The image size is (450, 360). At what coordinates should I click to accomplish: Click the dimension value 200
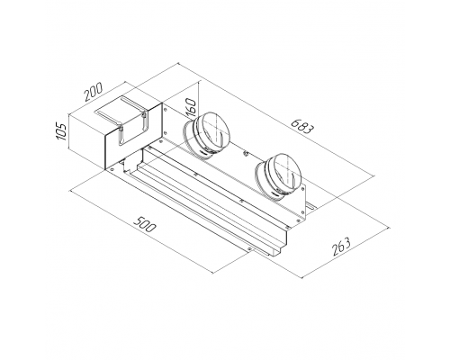(94, 91)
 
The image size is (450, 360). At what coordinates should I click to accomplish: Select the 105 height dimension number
(61, 130)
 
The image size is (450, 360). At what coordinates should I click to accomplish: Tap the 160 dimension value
(191, 108)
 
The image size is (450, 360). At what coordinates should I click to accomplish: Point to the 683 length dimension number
(302, 126)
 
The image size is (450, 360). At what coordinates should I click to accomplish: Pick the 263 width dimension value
(341, 247)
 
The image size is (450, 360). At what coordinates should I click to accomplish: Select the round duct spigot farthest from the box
(279, 176)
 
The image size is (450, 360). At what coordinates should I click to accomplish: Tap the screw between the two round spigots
(246, 154)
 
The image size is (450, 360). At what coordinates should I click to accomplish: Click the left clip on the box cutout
(121, 135)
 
